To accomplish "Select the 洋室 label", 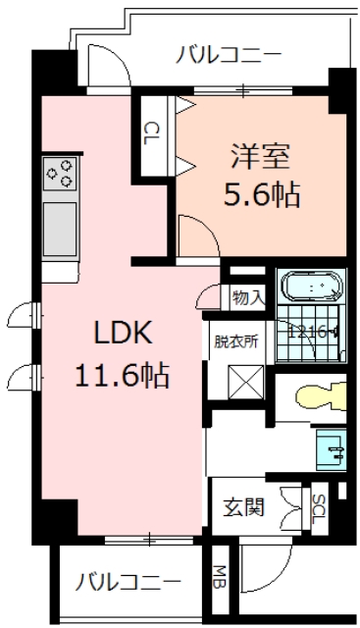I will click(260, 155).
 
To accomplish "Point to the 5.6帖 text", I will click(260, 193).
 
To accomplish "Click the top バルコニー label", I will click(228, 54).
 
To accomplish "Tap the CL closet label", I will click(152, 132).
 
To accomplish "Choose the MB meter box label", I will click(222, 577).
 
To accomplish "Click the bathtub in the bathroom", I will click(314, 288).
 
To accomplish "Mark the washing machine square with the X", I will click(240, 379).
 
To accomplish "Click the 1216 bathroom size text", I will click(310, 332).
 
